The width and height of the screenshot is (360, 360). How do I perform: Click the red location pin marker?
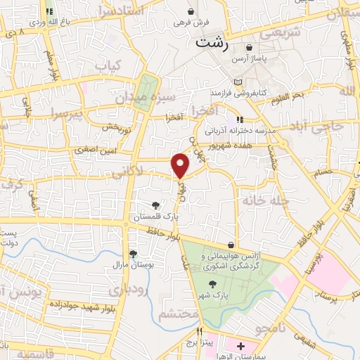181,165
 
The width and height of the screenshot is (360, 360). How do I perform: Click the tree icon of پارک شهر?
213,284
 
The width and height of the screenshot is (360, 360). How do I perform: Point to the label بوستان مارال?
127,265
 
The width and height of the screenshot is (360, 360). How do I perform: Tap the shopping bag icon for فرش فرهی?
192,12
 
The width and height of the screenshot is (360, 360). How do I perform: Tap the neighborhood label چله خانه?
266,201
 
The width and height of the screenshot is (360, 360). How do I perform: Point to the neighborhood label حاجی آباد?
317,127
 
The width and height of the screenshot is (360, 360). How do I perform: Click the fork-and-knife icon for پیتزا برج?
200,331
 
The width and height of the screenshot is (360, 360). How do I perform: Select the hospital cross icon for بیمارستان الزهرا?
241,346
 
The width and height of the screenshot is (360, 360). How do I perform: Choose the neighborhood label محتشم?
179,314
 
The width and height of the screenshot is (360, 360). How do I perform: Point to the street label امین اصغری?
95,150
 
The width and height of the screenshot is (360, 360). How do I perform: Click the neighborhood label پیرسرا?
67,113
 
